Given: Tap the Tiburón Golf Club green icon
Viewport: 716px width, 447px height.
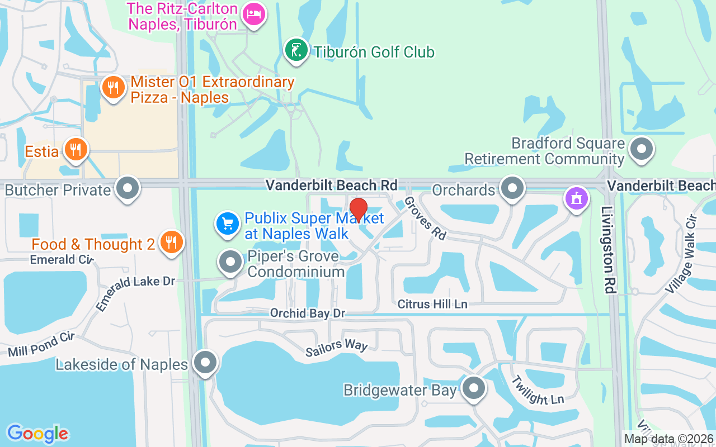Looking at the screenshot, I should point(296,50).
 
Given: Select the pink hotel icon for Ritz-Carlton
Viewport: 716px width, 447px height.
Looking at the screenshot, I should point(255,16).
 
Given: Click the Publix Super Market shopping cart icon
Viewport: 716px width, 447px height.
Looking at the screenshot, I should point(228,225).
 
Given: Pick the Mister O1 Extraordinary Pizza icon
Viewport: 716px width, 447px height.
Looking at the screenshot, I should point(114,88).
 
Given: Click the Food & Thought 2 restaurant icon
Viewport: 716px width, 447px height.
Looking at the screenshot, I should point(171,242).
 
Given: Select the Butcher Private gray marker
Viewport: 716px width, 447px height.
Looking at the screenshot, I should point(128,188).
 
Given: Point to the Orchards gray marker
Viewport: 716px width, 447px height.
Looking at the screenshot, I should point(511,188).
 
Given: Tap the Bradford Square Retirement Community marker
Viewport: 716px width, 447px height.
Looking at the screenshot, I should point(641,149).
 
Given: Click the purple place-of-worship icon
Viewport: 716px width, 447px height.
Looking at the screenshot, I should point(577,198).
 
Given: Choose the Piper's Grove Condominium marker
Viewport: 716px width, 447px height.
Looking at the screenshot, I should point(230,261).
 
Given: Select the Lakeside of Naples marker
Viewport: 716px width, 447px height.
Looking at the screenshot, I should point(205,362).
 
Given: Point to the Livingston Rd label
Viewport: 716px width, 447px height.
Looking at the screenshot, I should point(608,249).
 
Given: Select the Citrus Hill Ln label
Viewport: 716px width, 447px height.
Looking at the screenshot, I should point(432,304).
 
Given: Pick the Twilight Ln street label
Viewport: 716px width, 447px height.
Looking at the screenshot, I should point(536,389).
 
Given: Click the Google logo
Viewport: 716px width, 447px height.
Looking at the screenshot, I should point(37,434).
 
